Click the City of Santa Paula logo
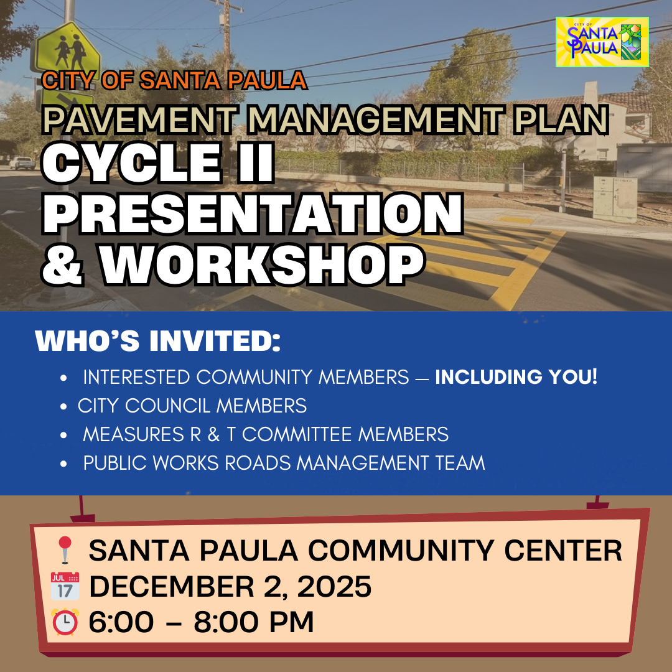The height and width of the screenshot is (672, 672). tap(602, 42)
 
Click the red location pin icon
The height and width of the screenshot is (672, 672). tap(65, 549)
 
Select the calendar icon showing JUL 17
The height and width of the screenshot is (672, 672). tap(65, 586)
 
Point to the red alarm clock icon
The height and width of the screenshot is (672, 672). tap(65, 622)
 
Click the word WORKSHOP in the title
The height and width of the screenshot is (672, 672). tap(263, 264)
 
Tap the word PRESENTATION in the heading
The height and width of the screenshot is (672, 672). tap(253, 213)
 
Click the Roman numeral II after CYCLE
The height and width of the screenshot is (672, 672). tap(256, 162)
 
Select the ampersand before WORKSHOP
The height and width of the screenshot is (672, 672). tap(62, 265)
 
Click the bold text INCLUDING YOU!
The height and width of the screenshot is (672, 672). tap(516, 376)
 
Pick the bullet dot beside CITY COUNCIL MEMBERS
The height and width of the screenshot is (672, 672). tap(64, 406)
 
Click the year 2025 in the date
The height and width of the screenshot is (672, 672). tap(334, 586)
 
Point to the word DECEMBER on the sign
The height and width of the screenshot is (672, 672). tap(172, 586)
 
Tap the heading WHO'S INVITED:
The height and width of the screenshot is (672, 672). tap(157, 341)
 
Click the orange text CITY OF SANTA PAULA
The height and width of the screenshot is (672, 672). tap(174, 80)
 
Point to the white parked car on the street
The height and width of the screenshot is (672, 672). tap(22, 162)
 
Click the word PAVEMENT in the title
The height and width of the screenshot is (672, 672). tap(140, 119)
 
